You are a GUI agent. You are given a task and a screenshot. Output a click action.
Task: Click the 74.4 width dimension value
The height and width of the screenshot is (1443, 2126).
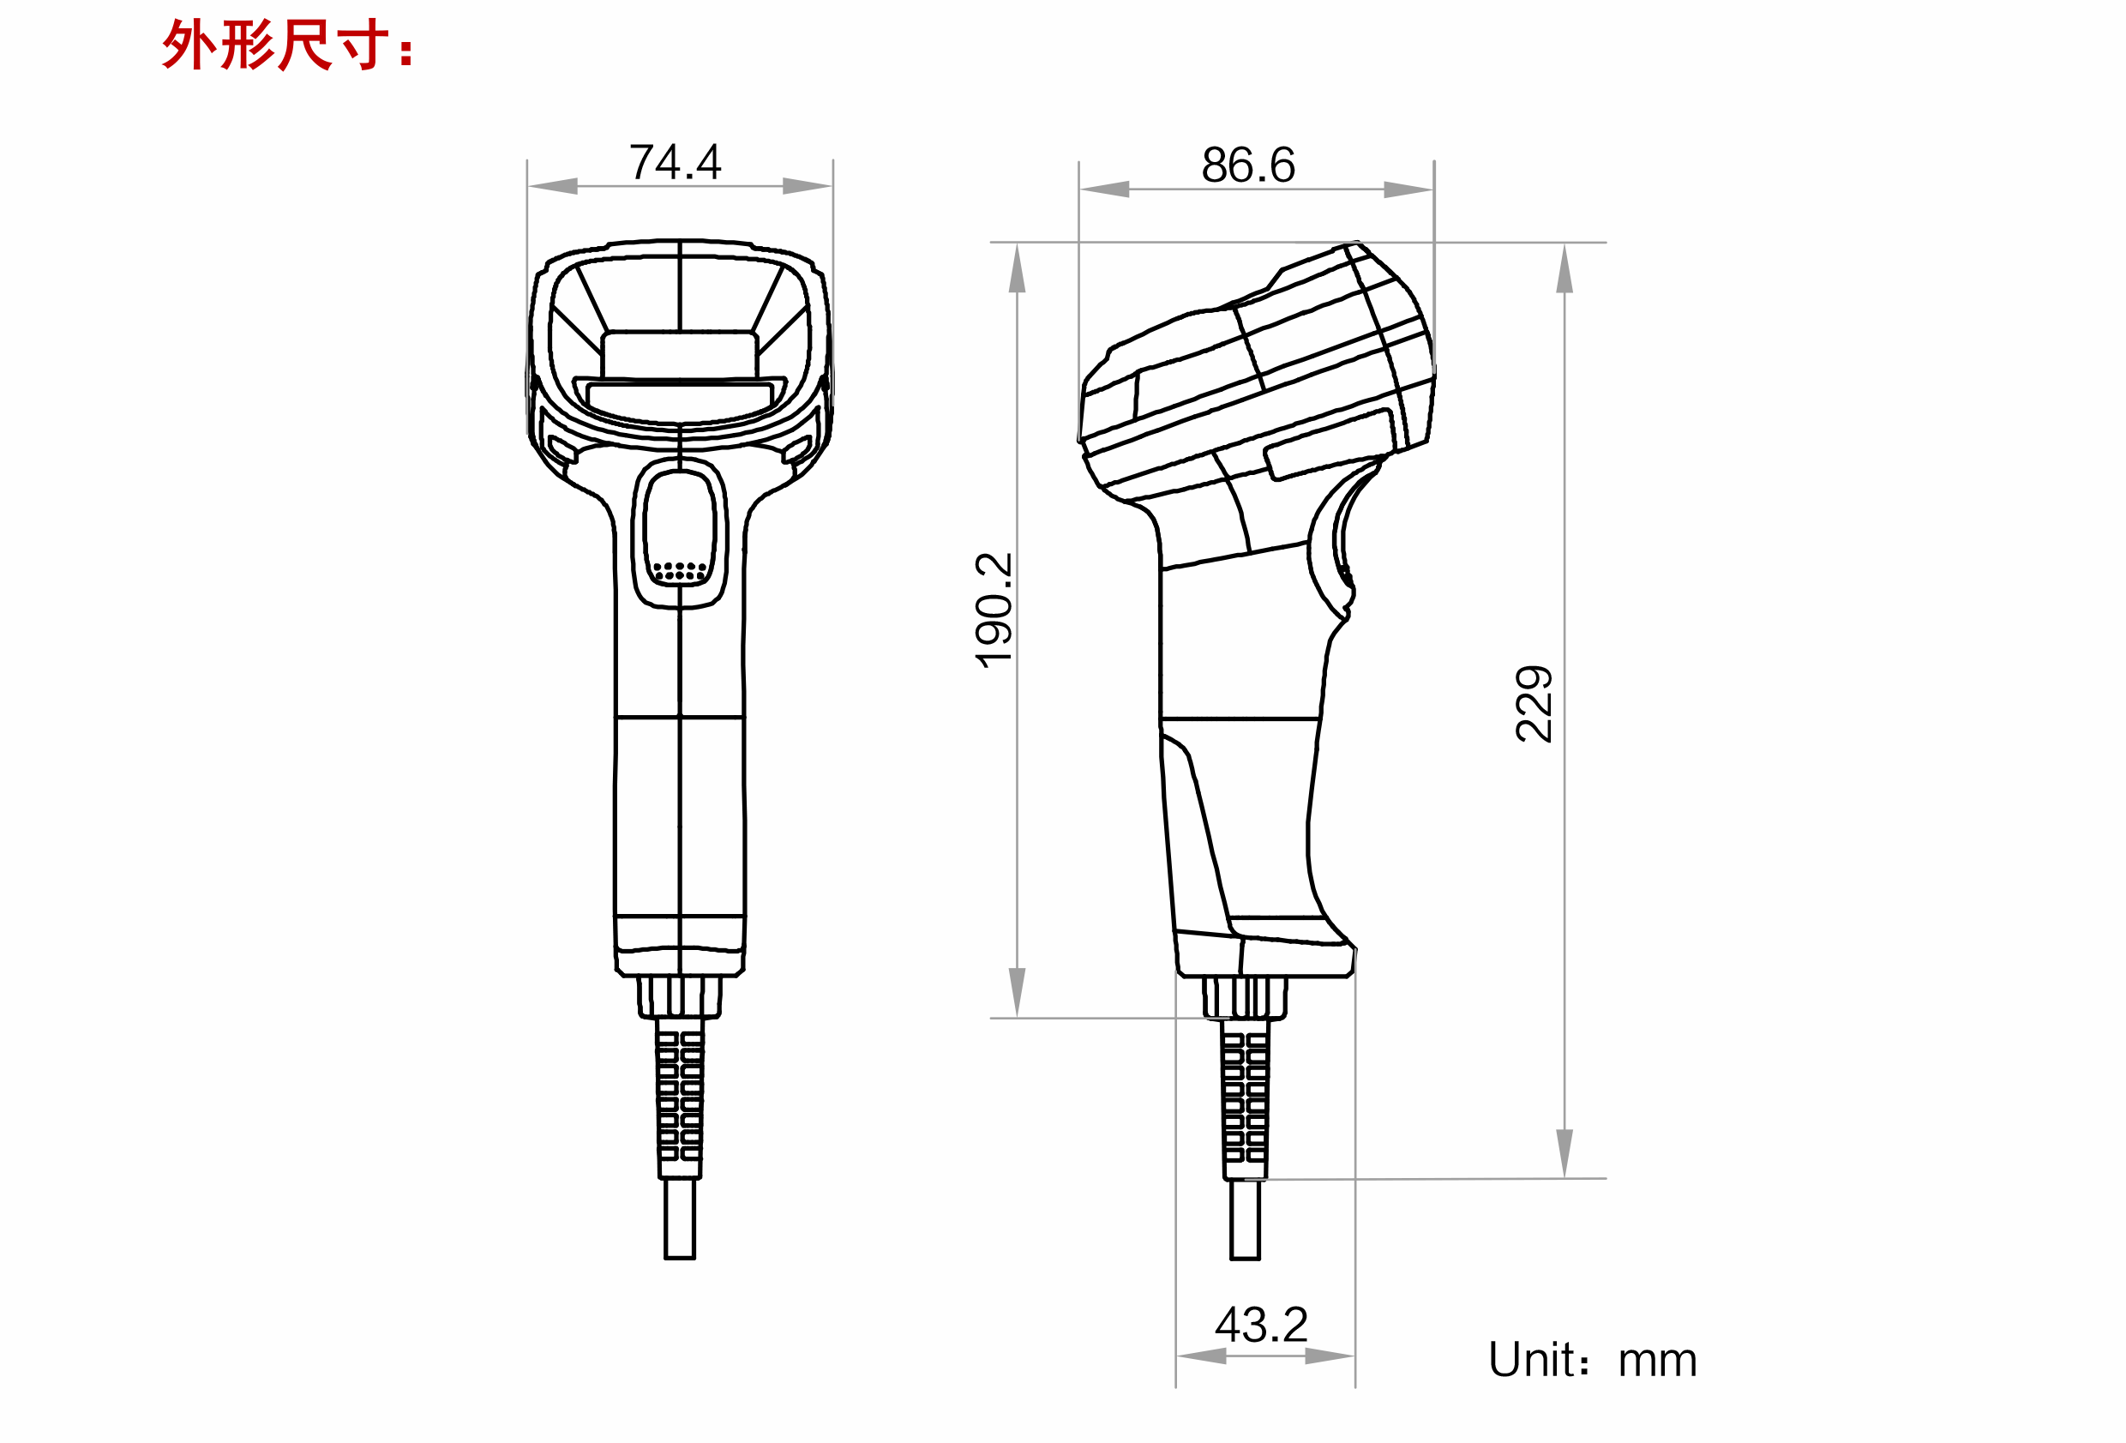676,163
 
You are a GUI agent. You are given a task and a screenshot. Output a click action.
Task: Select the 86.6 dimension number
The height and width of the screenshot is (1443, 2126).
1248,165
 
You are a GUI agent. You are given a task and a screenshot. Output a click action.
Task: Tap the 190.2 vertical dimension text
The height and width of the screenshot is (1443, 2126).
994,610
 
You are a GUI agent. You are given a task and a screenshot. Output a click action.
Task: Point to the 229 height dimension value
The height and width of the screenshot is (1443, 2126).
1534,704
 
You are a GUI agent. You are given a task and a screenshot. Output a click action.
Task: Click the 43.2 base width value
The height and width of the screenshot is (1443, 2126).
1262,1325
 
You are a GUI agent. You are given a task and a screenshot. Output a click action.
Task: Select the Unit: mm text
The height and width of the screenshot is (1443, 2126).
1592,1360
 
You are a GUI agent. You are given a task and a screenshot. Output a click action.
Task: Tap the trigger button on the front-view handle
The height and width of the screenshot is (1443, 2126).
680,531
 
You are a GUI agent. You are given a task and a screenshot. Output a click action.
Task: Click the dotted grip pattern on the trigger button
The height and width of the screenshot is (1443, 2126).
680,571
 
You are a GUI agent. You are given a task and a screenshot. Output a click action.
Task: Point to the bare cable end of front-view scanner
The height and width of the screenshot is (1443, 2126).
680,1219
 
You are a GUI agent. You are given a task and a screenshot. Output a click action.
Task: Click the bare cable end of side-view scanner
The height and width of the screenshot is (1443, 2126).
1245,1219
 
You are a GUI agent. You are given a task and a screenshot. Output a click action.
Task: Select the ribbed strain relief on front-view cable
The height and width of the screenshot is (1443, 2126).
680,1098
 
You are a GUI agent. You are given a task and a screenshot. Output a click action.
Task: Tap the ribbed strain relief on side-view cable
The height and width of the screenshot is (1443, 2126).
1245,1098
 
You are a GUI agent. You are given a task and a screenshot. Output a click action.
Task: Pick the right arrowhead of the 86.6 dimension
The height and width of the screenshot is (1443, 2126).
1408,190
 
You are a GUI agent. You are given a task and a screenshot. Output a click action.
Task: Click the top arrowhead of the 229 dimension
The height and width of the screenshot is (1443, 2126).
1565,269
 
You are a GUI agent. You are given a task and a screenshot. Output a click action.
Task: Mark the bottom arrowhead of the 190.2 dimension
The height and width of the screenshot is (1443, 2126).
1018,992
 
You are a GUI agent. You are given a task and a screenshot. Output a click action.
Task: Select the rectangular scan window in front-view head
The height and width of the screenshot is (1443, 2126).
680,355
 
